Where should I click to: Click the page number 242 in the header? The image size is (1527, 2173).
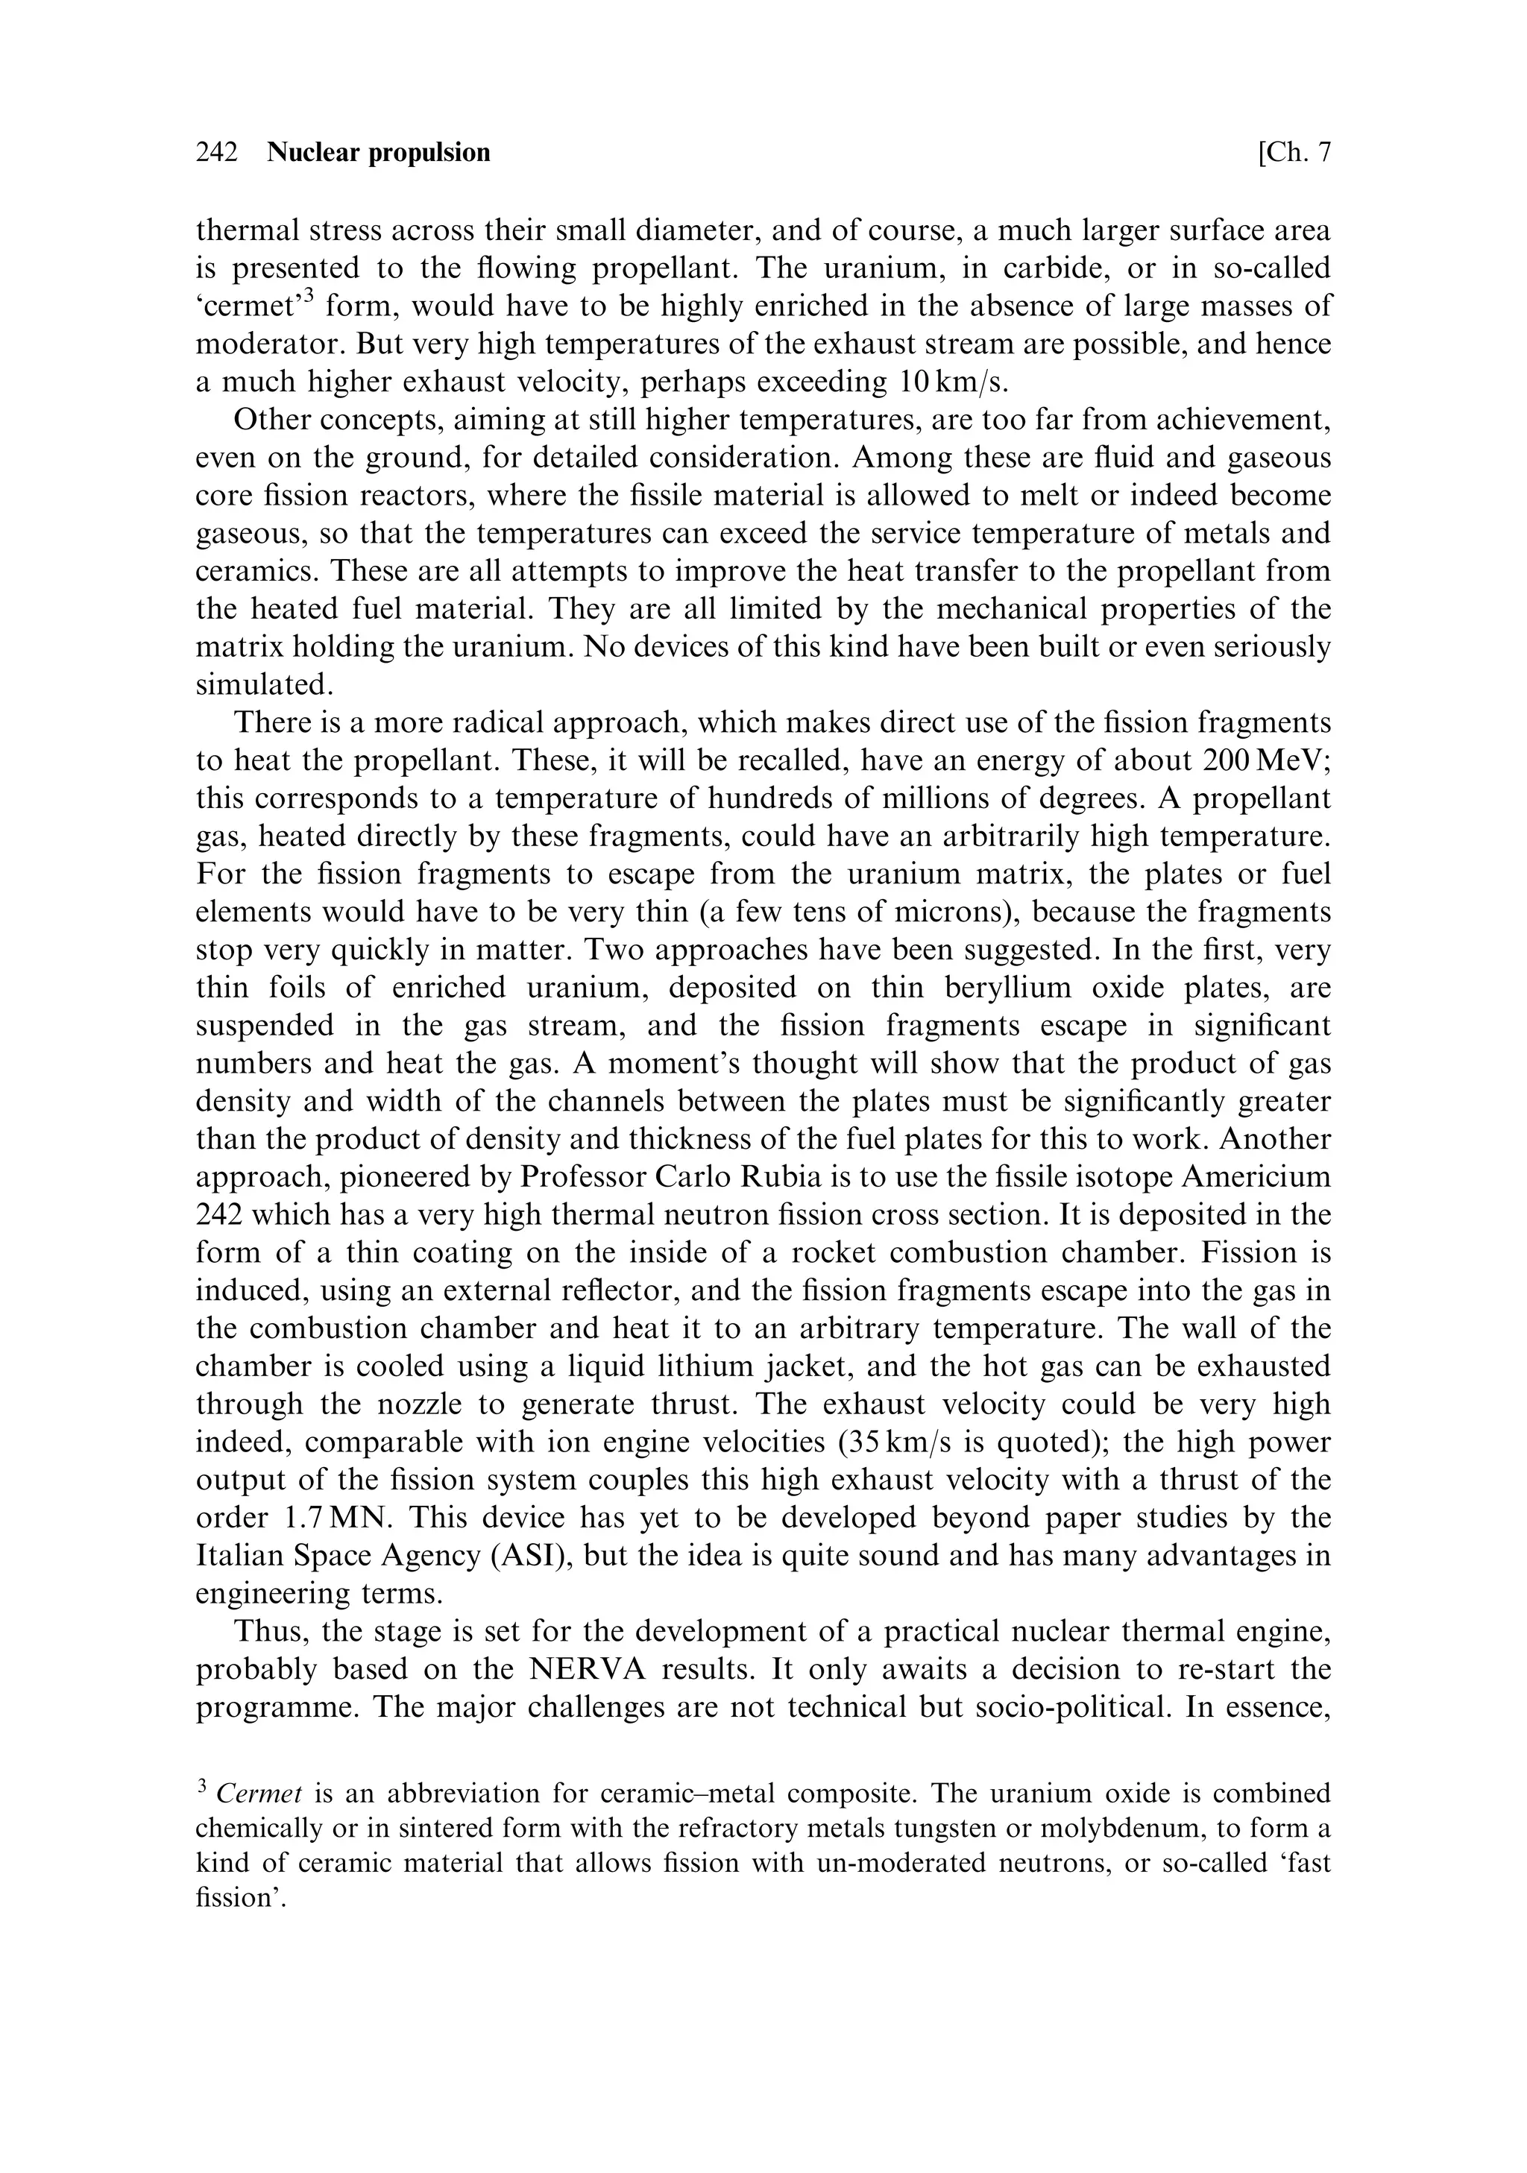tap(217, 152)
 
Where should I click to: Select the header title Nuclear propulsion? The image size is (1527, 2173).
tap(379, 152)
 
